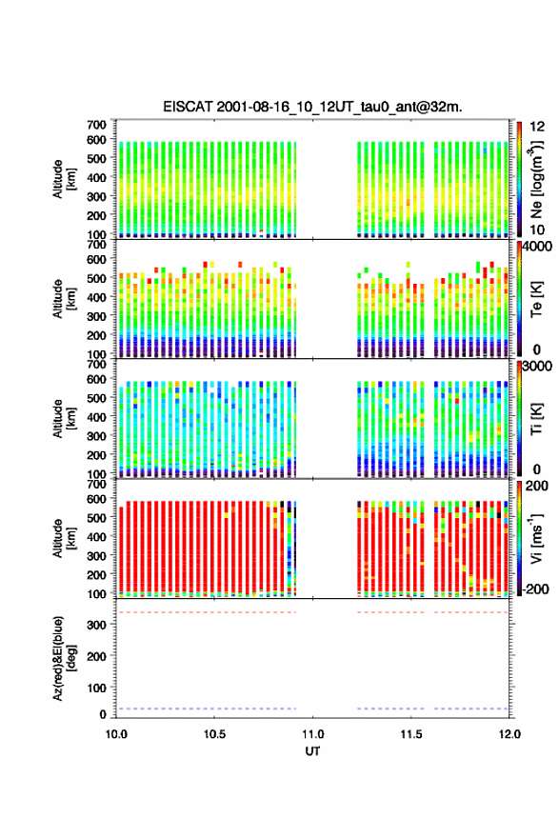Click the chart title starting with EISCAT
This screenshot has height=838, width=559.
tap(312, 107)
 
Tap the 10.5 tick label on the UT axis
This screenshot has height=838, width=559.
tap(214, 734)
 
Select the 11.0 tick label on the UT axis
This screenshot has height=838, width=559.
tap(312, 734)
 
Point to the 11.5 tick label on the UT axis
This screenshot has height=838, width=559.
tap(411, 734)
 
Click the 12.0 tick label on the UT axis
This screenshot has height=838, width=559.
tap(509, 734)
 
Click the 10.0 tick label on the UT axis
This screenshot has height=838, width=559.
tap(116, 734)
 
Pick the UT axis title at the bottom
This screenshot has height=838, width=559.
tap(312, 751)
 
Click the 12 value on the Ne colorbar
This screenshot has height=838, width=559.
tap(538, 127)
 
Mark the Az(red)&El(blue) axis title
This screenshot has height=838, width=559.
tap(64, 658)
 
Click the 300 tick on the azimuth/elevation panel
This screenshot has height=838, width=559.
tap(97, 625)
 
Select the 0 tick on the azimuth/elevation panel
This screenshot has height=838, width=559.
tap(103, 714)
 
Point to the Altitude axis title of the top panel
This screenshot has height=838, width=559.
tap(64, 179)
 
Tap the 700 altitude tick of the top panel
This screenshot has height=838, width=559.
tap(97, 125)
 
